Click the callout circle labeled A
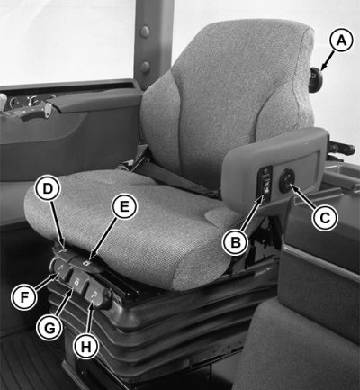(x=341, y=41)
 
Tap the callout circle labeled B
(x=236, y=242)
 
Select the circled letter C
(x=325, y=218)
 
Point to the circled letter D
(x=48, y=188)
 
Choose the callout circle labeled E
(x=124, y=207)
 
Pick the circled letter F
(x=24, y=297)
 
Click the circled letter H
(x=85, y=347)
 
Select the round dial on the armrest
(x=287, y=180)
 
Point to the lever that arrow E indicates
(x=89, y=264)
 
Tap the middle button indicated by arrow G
(x=78, y=283)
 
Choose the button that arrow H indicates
(x=97, y=296)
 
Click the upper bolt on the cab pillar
(x=145, y=31)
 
